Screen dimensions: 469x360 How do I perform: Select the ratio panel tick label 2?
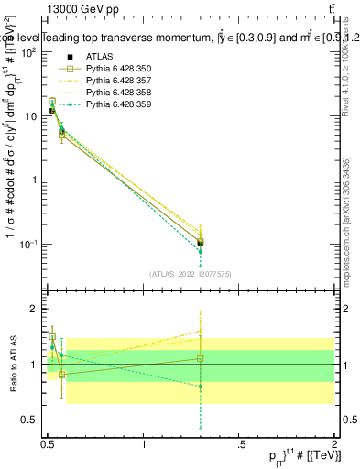[x=35, y=310]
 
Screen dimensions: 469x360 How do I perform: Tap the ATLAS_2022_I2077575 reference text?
[x=191, y=273]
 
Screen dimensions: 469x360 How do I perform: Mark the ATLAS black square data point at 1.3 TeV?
[x=201, y=243]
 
